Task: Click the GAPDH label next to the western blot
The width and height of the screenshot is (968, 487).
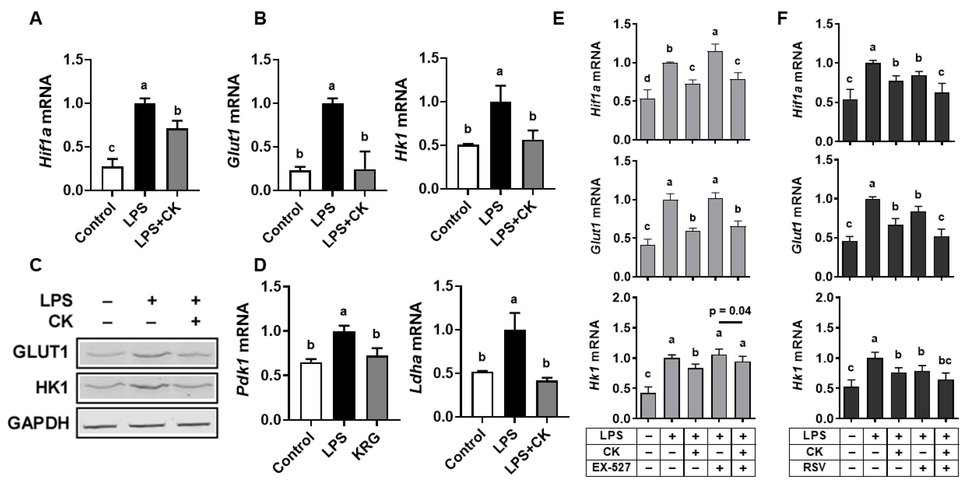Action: click(x=39, y=423)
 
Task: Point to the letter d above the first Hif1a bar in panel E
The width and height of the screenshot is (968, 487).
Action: click(x=647, y=78)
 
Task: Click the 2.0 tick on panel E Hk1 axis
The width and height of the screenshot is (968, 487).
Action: click(x=622, y=298)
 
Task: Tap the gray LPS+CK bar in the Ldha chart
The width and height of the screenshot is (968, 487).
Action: click(x=547, y=398)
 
